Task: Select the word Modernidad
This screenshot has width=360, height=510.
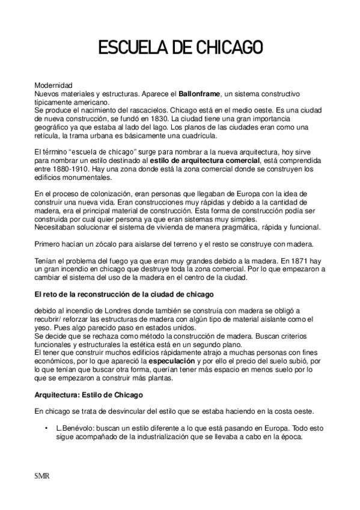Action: click(53, 86)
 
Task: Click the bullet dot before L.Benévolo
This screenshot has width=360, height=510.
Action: click(46, 428)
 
